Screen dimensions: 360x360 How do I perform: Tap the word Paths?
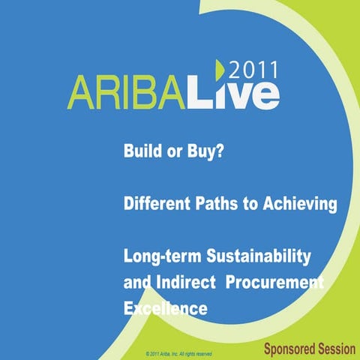[215, 204]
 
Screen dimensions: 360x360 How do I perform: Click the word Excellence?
[165, 308]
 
